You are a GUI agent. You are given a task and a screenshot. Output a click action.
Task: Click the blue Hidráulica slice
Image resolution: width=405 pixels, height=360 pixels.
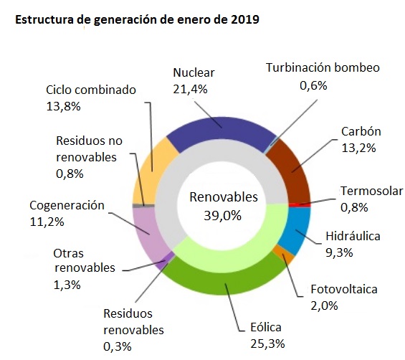(x=292, y=229)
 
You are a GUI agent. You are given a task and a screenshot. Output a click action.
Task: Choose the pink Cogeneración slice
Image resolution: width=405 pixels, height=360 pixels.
(x=148, y=233)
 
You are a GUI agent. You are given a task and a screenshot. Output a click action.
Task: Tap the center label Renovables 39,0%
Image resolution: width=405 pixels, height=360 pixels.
(x=222, y=205)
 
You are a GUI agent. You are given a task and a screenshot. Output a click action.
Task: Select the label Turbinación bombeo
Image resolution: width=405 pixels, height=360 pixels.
(x=322, y=69)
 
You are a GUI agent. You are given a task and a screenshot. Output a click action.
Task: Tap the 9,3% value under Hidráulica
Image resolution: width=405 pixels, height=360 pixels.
(x=342, y=251)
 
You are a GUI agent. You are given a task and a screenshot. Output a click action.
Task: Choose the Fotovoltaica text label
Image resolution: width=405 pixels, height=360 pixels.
(x=343, y=290)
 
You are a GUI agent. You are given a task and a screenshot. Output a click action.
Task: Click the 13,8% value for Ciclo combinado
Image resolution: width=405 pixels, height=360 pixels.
(x=63, y=106)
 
